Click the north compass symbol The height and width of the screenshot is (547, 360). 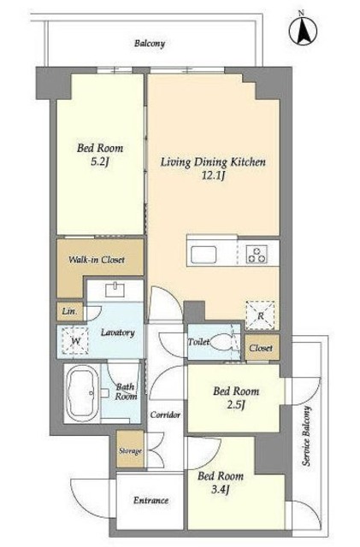click(x=303, y=30)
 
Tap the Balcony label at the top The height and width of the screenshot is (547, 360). click(x=150, y=44)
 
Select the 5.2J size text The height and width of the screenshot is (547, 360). click(x=100, y=162)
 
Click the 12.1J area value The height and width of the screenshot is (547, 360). click(x=213, y=175)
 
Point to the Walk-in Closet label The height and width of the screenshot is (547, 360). click(x=97, y=260)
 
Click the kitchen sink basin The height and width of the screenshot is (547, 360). click(x=204, y=255)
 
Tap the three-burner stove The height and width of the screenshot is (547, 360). click(x=257, y=255)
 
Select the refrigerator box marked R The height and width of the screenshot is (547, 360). click(x=260, y=315)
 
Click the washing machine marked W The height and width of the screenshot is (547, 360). click(x=75, y=341)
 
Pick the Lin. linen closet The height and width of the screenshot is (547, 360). click(x=70, y=311)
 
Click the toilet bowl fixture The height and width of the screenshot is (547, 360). click(x=222, y=342)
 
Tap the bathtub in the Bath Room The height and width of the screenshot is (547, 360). click(x=83, y=393)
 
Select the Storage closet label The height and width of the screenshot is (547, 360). click(x=130, y=450)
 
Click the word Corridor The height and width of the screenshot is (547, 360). click(x=165, y=415)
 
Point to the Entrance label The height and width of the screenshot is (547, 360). click(x=150, y=501)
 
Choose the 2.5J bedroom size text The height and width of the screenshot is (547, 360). click(x=236, y=405)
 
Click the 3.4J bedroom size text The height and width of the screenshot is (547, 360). click(x=221, y=490)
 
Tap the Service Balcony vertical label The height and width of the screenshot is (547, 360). click(x=306, y=436)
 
